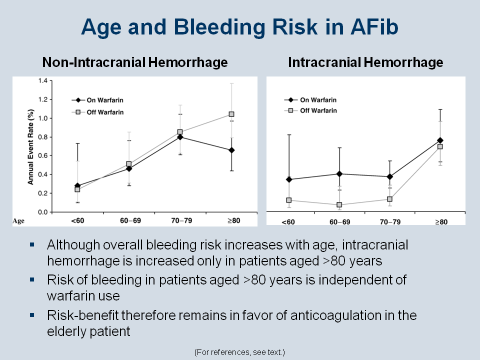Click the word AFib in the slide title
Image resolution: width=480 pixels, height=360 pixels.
[x=370, y=27]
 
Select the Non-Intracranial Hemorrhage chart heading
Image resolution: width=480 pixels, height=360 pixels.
[x=135, y=62]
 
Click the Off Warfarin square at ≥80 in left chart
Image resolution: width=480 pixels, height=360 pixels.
[x=231, y=114]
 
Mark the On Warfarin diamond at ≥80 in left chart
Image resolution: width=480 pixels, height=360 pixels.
[x=231, y=150]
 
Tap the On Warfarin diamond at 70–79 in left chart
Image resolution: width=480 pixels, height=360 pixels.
[x=180, y=137]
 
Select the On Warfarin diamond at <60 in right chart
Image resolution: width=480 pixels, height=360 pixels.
[x=289, y=179]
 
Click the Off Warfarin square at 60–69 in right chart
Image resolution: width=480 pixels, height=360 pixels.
[x=339, y=204]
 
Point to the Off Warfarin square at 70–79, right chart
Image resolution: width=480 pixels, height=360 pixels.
[x=389, y=199]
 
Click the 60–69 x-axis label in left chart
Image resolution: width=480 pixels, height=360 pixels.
[x=129, y=220]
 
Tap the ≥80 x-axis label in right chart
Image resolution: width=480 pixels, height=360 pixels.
[x=440, y=221]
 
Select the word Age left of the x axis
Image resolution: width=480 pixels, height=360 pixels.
[x=18, y=219]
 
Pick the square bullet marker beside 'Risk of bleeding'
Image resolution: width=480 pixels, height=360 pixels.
[x=33, y=279]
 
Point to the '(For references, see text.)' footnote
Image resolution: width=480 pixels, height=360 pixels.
[x=240, y=352]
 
